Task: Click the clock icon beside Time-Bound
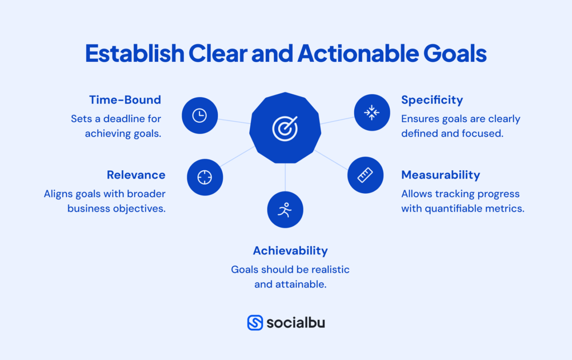click(x=199, y=116)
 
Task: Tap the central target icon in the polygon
click(x=285, y=128)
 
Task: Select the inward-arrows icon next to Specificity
click(x=371, y=113)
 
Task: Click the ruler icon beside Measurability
click(x=365, y=175)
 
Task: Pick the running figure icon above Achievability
click(x=285, y=210)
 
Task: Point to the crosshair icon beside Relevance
click(x=205, y=177)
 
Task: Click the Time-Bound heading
click(x=125, y=100)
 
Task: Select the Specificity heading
click(x=432, y=100)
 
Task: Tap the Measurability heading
click(x=440, y=175)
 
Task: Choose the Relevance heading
click(x=136, y=175)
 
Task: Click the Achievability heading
click(x=290, y=251)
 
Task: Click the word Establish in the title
click(x=134, y=54)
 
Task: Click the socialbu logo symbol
click(x=255, y=323)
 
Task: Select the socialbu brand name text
click(x=295, y=323)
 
